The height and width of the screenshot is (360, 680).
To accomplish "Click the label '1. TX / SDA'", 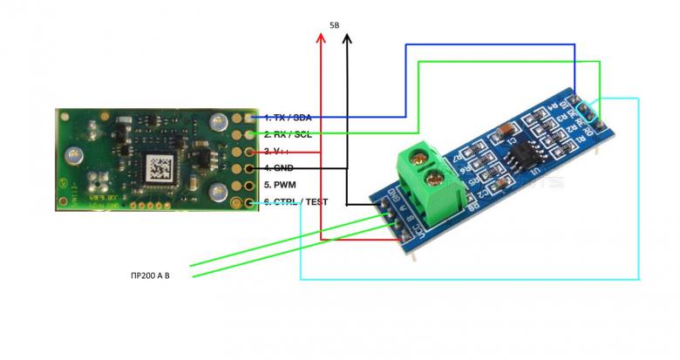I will click(292, 117).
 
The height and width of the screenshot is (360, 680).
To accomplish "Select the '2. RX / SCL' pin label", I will click(292, 134).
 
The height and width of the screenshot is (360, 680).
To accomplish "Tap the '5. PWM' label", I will click(285, 185).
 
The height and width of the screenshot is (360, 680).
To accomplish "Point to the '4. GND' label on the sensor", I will click(285, 167).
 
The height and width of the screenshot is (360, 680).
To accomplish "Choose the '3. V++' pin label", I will click(283, 151).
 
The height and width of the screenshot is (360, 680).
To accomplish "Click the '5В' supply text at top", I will click(336, 26).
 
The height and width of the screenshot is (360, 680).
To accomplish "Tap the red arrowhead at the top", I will click(321, 40).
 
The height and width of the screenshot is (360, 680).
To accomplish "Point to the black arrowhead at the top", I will click(347, 40).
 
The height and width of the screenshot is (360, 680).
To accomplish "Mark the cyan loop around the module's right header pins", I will click(589, 111).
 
